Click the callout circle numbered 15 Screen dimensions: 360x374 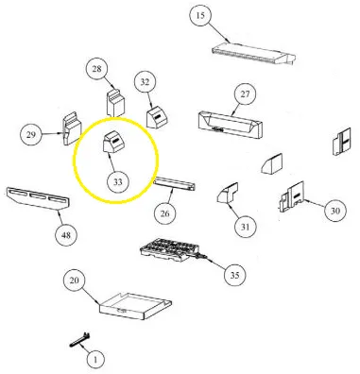click(200, 15)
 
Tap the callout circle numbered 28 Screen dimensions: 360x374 click(97, 69)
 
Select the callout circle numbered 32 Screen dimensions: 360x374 click(145, 82)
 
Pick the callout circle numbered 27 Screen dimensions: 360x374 click(245, 94)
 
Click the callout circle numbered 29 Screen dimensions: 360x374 click(31, 135)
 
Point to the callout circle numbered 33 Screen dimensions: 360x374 click(117, 182)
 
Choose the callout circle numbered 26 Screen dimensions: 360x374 click(165, 213)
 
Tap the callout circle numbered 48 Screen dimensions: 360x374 click(66, 235)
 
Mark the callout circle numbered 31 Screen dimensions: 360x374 click(246, 227)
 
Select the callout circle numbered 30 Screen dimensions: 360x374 click(335, 211)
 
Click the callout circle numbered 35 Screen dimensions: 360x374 click(235, 275)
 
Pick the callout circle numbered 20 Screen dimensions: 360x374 click(74, 280)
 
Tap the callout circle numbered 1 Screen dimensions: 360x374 click(95, 359)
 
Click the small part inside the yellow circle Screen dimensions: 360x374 click(112, 143)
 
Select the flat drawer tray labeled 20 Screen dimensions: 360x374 click(135, 305)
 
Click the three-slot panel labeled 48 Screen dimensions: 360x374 click(38, 198)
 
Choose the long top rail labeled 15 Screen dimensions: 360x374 click(254, 54)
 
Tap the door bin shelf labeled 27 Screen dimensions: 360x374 click(231, 124)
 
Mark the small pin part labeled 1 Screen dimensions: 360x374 click(79, 340)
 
